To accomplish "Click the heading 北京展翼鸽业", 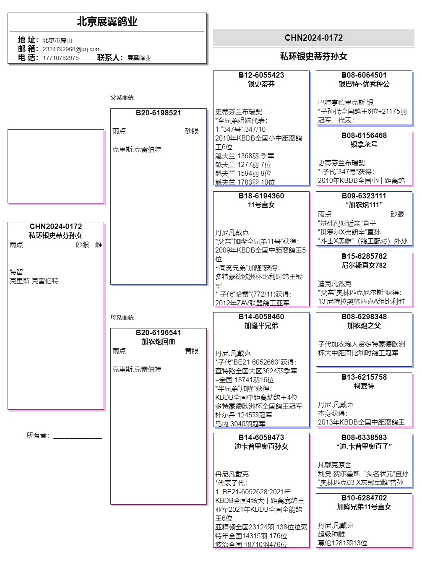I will point(107,22).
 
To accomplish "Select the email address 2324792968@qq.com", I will point(71,49).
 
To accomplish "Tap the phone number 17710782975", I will point(60,58).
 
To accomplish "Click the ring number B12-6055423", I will point(261,75).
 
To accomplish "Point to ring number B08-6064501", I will point(364,75).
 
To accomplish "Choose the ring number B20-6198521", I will point(158,113).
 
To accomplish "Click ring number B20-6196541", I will point(158,333).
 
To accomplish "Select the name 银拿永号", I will point(364,144).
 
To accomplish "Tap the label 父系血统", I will point(122,98).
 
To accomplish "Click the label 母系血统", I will point(122,318).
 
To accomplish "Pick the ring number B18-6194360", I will point(261,196).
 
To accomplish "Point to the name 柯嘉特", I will point(364,386).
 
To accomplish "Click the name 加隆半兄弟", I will point(261,326).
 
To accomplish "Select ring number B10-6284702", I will point(364,498).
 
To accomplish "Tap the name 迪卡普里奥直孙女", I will point(261,446).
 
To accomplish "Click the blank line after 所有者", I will point(78,436).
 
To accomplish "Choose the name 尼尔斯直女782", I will point(364,265).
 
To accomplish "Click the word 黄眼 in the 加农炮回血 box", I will point(192,351).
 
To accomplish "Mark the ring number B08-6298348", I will point(364,317).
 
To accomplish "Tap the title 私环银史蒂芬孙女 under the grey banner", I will point(313,56).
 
